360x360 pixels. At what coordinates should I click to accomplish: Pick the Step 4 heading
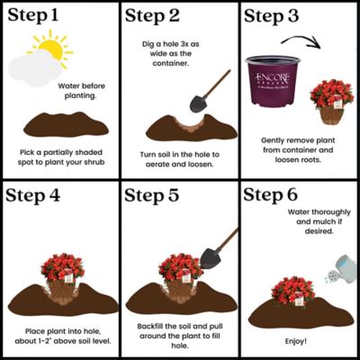[40, 195]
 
